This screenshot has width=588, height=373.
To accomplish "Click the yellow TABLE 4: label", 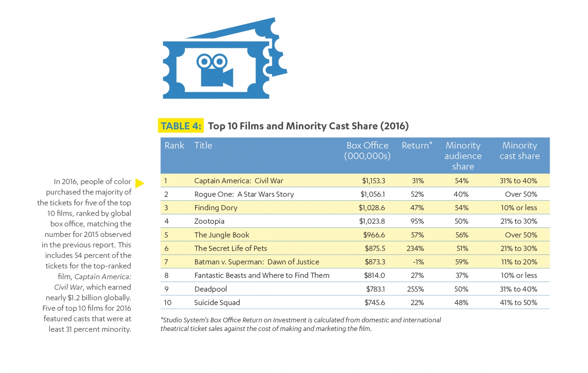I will pyautogui.click(x=181, y=126).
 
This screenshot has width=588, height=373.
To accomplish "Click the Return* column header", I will pyautogui.click(x=417, y=146).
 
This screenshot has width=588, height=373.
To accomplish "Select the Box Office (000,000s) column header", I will pyautogui.click(x=367, y=151).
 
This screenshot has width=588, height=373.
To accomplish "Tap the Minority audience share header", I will pyautogui.click(x=463, y=156).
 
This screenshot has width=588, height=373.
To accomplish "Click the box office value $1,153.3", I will pyautogui.click(x=373, y=181).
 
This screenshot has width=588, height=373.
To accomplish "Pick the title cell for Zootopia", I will pyautogui.click(x=209, y=221).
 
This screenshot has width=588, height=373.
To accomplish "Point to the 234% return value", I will pyautogui.click(x=415, y=248).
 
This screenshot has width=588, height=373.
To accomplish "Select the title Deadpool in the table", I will pyautogui.click(x=211, y=289).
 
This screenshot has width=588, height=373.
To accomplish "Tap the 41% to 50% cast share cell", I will pyautogui.click(x=518, y=303).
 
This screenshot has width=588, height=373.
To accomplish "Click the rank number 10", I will pyautogui.click(x=167, y=303).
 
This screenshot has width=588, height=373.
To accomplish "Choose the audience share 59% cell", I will pyautogui.click(x=462, y=262).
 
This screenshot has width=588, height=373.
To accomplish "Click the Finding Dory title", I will pyautogui.click(x=216, y=208).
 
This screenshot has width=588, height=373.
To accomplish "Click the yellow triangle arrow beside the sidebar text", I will pyautogui.click(x=140, y=183).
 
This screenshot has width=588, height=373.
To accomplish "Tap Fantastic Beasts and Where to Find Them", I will pyautogui.click(x=261, y=275).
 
